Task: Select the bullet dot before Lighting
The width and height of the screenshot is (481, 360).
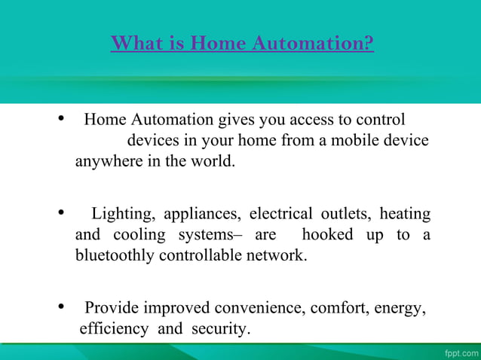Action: (x=60, y=214)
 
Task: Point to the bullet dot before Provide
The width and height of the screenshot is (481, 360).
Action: (x=60, y=307)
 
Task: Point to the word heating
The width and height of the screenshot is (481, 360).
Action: (x=405, y=215)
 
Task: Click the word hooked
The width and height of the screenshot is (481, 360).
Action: (x=327, y=235)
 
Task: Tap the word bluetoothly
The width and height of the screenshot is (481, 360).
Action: (x=115, y=255)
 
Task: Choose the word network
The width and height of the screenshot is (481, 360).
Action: (x=279, y=255)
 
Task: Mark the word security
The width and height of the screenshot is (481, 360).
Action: (x=219, y=329)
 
